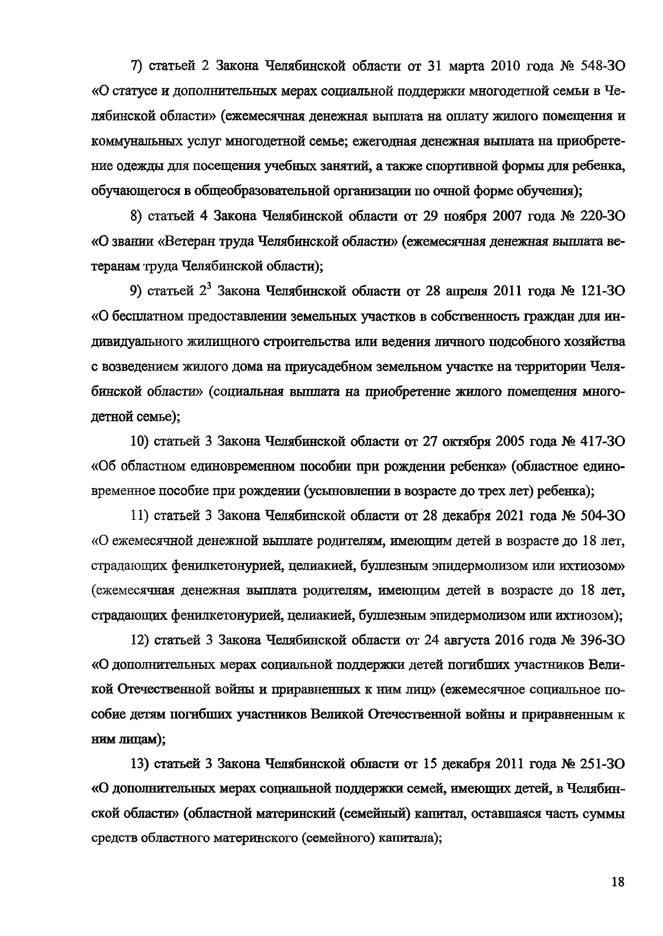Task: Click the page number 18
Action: pos(618,881)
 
